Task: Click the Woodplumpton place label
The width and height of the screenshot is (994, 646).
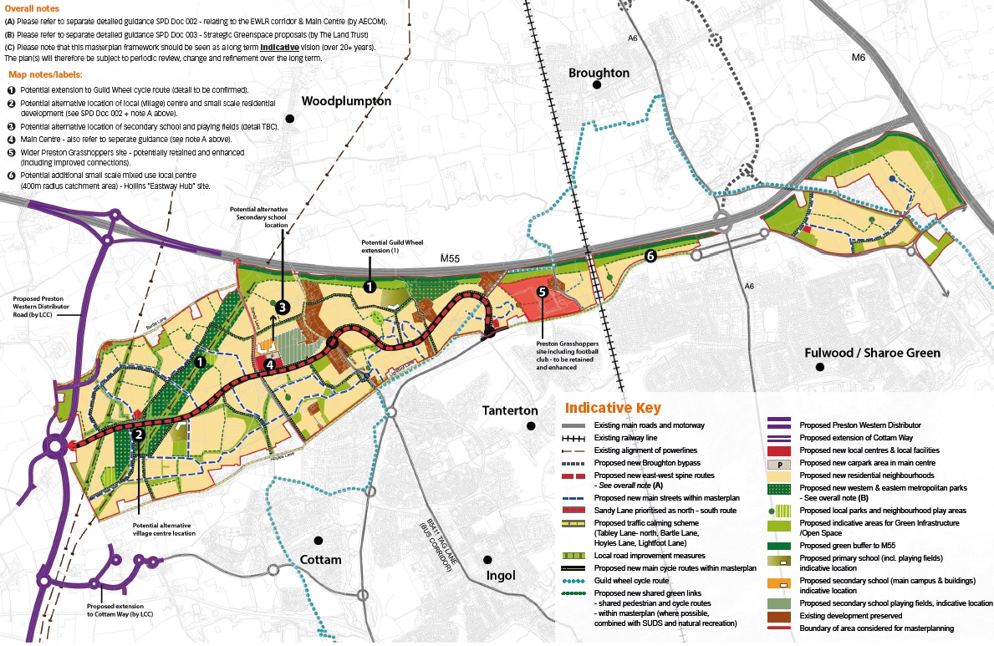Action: click(346, 100)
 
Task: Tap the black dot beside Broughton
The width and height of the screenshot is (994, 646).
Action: click(597, 85)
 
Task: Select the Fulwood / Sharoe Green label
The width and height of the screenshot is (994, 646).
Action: click(872, 353)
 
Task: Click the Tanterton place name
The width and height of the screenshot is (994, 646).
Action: click(510, 410)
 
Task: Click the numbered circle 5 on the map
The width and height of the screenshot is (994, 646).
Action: click(542, 292)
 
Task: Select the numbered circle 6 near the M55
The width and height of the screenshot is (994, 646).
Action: click(649, 257)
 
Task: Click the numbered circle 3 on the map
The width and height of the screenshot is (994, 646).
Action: click(283, 308)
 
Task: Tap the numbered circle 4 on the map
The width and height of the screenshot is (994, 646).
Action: click(269, 364)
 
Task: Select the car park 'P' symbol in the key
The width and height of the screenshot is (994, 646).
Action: click(779, 462)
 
